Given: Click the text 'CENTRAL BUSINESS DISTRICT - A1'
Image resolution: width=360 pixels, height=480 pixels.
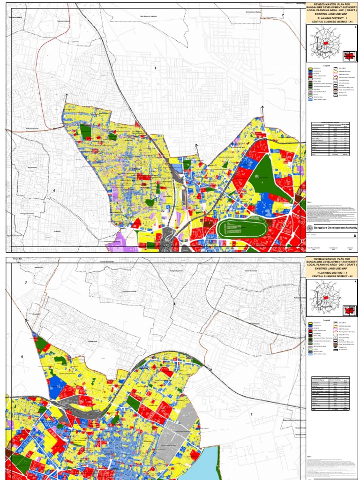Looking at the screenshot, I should (x=331, y=21).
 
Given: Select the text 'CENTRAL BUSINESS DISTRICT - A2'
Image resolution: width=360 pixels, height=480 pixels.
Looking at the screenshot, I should (x=331, y=276).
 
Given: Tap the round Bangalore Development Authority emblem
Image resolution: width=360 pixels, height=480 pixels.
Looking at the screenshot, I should (x=309, y=227).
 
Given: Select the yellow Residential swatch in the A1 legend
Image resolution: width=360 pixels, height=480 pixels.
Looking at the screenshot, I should (x=310, y=68).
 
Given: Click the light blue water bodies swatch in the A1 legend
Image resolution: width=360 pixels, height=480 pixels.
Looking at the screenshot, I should (x=310, y=99).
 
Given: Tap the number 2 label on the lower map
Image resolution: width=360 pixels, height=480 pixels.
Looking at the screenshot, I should (x=251, y=414).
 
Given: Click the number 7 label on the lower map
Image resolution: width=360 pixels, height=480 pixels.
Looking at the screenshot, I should (x=26, y=283).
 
